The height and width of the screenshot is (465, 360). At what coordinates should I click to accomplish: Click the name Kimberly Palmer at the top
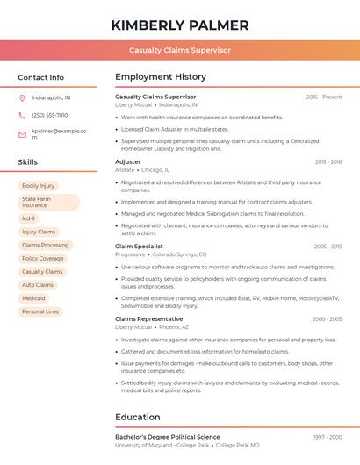pos(180,25)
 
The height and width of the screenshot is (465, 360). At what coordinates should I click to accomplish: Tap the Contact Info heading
pos(41,77)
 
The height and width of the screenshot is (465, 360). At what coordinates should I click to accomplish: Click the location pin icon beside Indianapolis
pos(22,97)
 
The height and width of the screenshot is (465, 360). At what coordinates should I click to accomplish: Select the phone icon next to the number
pos(22,115)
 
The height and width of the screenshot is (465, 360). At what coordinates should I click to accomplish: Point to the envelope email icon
pos(22,134)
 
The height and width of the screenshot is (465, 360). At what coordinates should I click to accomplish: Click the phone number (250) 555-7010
pos(50,115)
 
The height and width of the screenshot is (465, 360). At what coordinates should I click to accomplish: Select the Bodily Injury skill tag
pos(38,186)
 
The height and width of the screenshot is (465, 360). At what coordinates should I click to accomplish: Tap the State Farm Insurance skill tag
pos(48,203)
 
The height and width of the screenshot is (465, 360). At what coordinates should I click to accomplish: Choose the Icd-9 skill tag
pos(29,218)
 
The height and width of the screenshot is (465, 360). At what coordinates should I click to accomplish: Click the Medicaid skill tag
pos(33,298)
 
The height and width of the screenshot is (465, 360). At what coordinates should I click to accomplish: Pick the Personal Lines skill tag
pos(40,311)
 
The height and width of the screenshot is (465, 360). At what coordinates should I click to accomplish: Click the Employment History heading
pos(161,77)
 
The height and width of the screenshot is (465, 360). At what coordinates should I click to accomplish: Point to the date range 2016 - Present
pos(324,97)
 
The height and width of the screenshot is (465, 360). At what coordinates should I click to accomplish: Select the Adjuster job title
pos(128,162)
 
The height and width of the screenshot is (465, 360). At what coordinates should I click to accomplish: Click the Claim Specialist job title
pos(140,247)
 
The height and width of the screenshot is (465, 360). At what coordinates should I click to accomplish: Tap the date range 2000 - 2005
pos(327,319)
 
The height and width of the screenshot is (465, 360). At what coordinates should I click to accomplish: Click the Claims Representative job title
pos(148,319)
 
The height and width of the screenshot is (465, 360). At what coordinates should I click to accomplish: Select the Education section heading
pos(139,417)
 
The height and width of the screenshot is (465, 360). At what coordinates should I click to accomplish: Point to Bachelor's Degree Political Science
pos(168,437)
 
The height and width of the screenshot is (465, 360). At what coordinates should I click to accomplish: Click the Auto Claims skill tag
pos(38,285)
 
